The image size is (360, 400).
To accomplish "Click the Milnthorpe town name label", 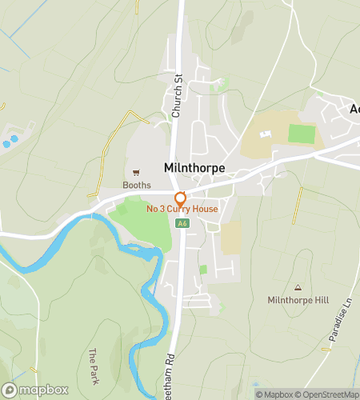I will pos(194,168).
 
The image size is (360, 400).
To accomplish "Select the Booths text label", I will pos(136,185).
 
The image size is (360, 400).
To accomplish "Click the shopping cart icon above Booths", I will pos(136,172).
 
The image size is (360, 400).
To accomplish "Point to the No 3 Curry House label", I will pos(182,210).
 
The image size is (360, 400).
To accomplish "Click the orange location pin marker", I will pos(181,198).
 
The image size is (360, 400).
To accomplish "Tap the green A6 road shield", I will pos(183,222).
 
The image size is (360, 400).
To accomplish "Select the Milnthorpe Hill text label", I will pos(298,300).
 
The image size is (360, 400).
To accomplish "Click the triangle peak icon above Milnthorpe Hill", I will pos(298,287).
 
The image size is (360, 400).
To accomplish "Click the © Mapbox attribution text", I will pos(274,394).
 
